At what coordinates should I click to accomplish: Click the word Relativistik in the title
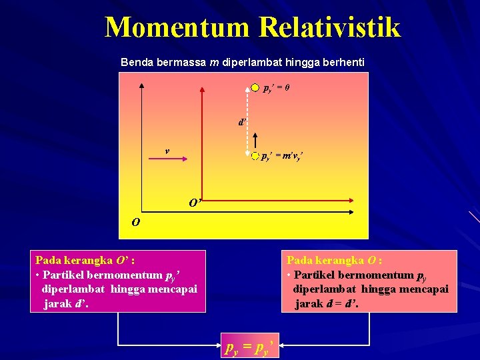tap(330, 27)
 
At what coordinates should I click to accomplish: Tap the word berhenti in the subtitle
tap(343, 62)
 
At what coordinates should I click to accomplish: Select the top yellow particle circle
tap(255, 87)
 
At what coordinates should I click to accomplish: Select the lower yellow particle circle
tap(255, 156)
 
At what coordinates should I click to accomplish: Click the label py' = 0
tap(275, 88)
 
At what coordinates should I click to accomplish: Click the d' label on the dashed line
tap(243, 122)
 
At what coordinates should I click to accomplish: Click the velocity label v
tap(167, 151)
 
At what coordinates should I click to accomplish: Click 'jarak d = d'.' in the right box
tap(327, 304)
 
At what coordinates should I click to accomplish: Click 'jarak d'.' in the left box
tap(66, 304)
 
